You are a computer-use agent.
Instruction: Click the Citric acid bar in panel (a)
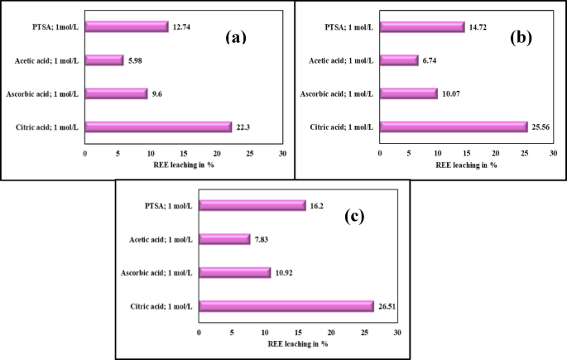click(158, 127)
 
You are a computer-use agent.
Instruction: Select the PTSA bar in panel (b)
click(422, 26)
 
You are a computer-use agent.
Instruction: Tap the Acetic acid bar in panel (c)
click(224, 239)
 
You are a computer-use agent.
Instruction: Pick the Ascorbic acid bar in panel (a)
click(116, 94)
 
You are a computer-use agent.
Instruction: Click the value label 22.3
click(245, 127)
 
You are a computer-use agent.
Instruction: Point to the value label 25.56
click(542, 127)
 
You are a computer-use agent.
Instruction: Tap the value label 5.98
click(137, 60)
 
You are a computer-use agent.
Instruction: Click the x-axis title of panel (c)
click(297, 343)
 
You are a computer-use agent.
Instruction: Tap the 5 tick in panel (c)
click(232, 332)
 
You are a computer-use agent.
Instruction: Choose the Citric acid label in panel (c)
click(162, 307)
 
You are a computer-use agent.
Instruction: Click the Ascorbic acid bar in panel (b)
click(409, 94)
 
